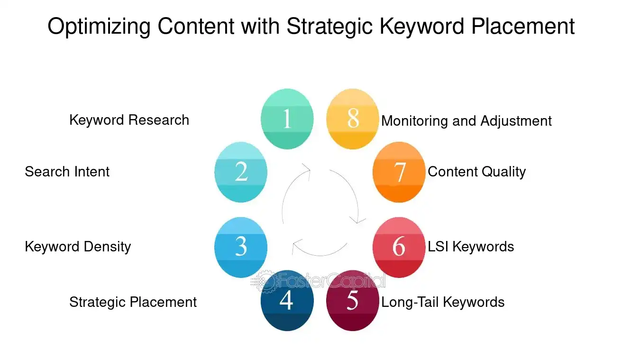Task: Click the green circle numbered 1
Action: tap(287, 119)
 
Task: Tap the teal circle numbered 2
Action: tap(241, 172)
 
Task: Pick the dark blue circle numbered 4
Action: tap(287, 301)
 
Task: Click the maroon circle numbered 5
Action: tap(353, 301)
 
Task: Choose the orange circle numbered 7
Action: tap(399, 172)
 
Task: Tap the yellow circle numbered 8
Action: tap(353, 119)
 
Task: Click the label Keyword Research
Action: tap(129, 120)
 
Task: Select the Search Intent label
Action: tap(67, 171)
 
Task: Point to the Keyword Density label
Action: tap(78, 247)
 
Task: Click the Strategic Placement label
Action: tap(133, 302)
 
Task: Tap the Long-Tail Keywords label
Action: tap(443, 302)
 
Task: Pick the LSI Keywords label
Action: tap(471, 247)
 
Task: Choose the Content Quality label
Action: tap(476, 171)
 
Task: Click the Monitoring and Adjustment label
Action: tap(466, 121)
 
